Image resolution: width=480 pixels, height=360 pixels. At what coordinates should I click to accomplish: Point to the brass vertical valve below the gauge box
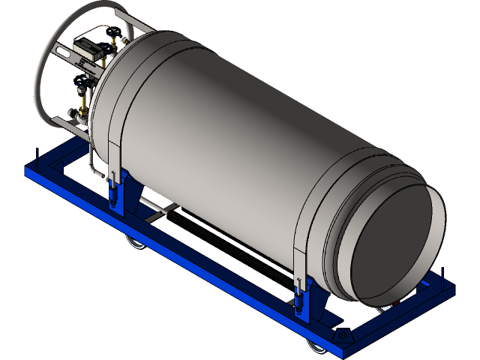click(x=82, y=97)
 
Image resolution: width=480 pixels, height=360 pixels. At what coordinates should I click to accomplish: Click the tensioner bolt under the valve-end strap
click(x=113, y=191)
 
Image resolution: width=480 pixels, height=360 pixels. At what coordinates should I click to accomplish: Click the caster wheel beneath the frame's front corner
click(x=313, y=345)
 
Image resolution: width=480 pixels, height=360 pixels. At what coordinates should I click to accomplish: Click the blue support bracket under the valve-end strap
click(x=124, y=199)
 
